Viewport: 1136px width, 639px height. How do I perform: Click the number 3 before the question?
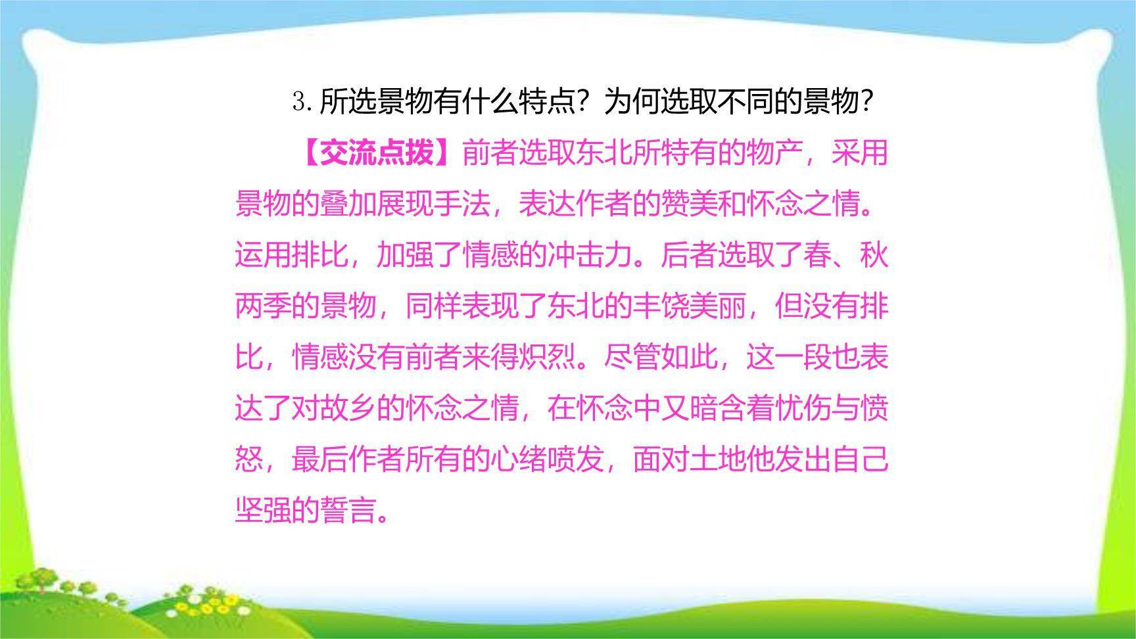point(299,102)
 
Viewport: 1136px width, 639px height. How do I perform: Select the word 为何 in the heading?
point(632,102)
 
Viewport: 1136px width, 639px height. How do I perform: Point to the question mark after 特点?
point(582,102)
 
